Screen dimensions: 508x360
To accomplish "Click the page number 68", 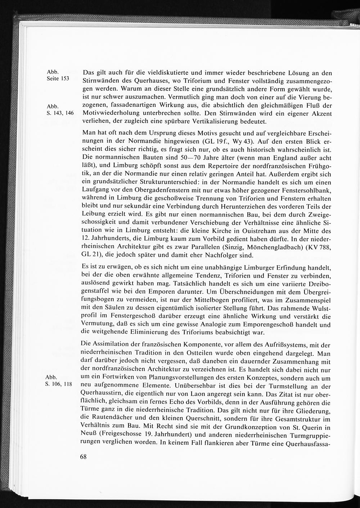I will (x=83, y=457).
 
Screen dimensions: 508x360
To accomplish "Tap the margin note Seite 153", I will (x=58, y=79).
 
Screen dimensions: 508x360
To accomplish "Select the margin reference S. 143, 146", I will (x=60, y=113).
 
